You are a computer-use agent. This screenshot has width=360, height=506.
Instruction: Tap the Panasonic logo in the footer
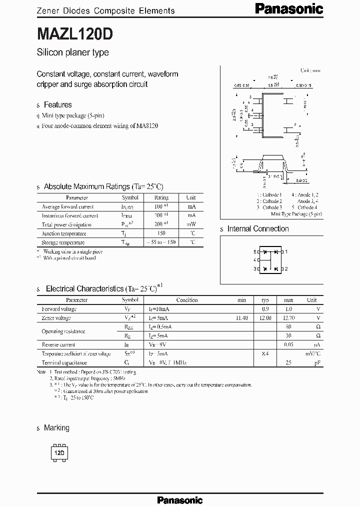179,500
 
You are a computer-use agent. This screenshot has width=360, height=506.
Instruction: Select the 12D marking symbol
59,452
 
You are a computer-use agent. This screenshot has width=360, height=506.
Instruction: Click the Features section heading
57,104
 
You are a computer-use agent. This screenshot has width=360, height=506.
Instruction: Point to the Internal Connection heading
258,228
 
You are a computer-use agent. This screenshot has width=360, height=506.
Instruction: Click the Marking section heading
56,428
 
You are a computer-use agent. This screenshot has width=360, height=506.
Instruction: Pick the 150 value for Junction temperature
161,233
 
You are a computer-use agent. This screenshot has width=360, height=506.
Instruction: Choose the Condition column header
187,300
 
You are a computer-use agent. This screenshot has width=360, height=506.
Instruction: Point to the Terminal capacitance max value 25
288,362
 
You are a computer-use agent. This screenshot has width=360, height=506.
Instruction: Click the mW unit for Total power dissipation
191,224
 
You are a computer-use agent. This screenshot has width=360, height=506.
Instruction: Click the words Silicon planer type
72,52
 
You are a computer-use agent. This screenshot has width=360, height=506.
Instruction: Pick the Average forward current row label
67,206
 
